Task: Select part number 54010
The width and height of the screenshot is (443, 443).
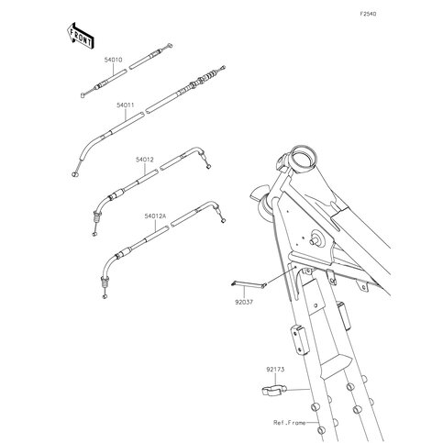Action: coord(114,60)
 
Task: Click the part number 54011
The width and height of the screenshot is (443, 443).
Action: coord(126,105)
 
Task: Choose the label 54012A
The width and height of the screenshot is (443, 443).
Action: coord(154,217)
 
